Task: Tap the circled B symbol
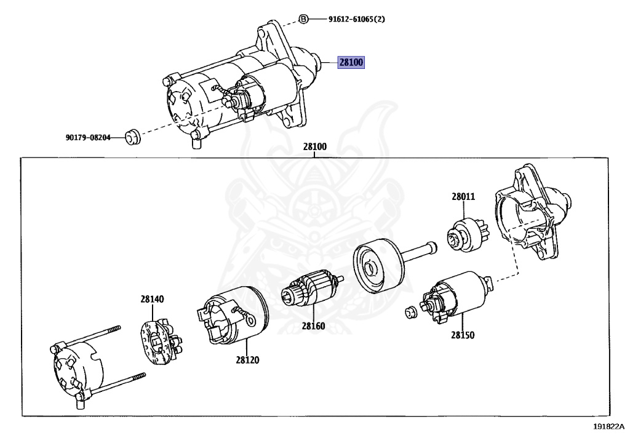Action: [x=303, y=19]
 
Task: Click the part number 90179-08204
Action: [x=88, y=138]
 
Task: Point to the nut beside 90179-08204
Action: [x=132, y=137]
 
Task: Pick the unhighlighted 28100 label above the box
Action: [x=314, y=147]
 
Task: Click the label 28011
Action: [x=463, y=197]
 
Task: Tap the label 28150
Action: [x=463, y=336]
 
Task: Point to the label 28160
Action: [x=313, y=326]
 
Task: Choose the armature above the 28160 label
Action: [x=311, y=290]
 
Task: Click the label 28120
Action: [x=247, y=359]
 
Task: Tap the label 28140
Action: [x=152, y=299]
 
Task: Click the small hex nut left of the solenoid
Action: [x=412, y=312]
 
